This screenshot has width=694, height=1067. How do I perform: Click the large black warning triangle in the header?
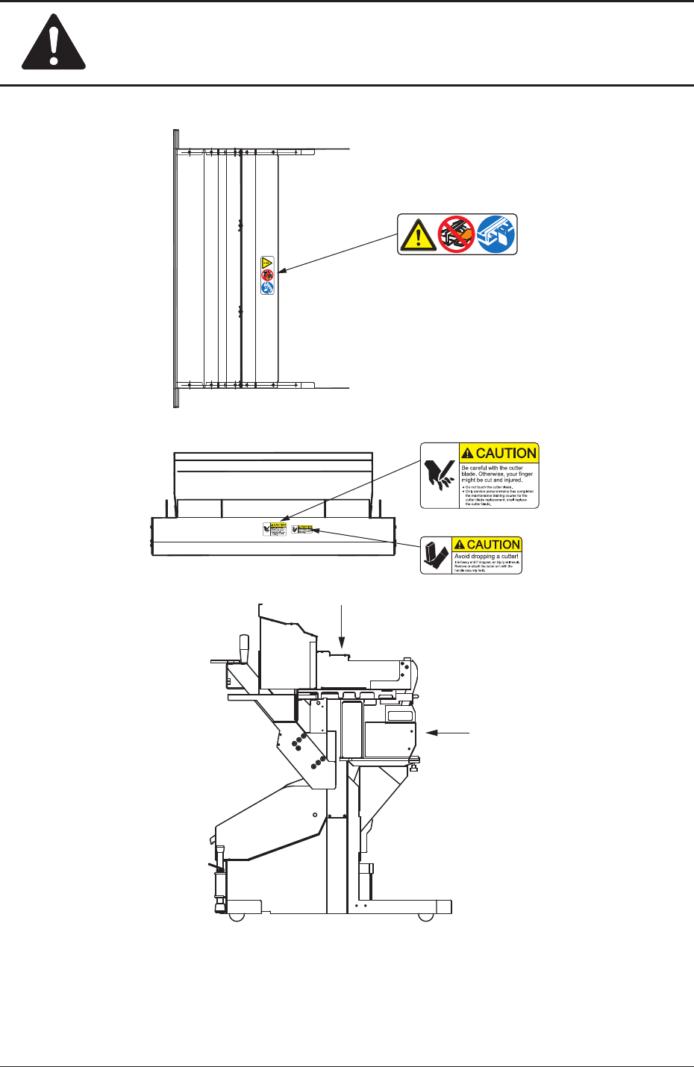coord(53,45)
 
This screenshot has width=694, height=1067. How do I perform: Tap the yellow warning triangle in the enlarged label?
coord(417,235)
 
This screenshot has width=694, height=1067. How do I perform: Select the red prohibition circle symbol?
coord(456,234)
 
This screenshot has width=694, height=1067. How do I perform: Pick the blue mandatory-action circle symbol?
coord(496,234)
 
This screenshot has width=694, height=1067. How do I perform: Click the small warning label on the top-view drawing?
coord(267,275)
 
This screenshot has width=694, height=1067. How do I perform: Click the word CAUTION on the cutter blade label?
coord(505,453)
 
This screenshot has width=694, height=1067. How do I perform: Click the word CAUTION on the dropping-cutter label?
coord(493,545)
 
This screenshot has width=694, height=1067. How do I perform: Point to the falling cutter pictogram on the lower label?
coord(434,555)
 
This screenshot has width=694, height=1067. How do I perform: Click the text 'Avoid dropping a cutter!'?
coord(487,557)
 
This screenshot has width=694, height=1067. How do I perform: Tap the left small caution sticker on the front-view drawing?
coord(275,529)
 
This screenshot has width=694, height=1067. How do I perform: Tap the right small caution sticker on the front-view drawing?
coord(302,529)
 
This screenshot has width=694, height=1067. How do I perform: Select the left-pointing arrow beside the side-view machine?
coord(448,733)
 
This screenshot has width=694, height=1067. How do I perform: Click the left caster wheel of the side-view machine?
coord(237,916)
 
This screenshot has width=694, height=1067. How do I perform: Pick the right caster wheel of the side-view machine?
coord(426,916)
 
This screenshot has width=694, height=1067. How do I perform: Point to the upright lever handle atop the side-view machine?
coord(243,646)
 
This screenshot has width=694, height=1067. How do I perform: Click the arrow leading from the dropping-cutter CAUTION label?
coord(366,539)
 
